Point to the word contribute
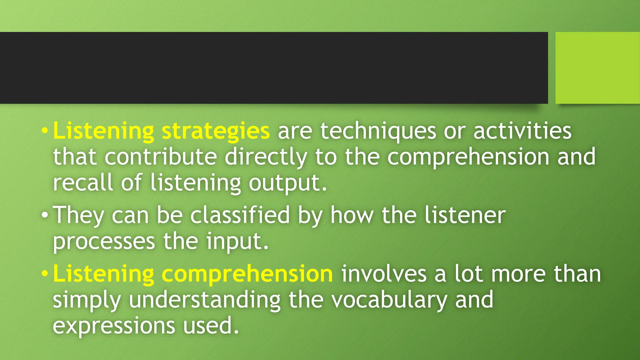point(161,157)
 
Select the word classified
point(240,215)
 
